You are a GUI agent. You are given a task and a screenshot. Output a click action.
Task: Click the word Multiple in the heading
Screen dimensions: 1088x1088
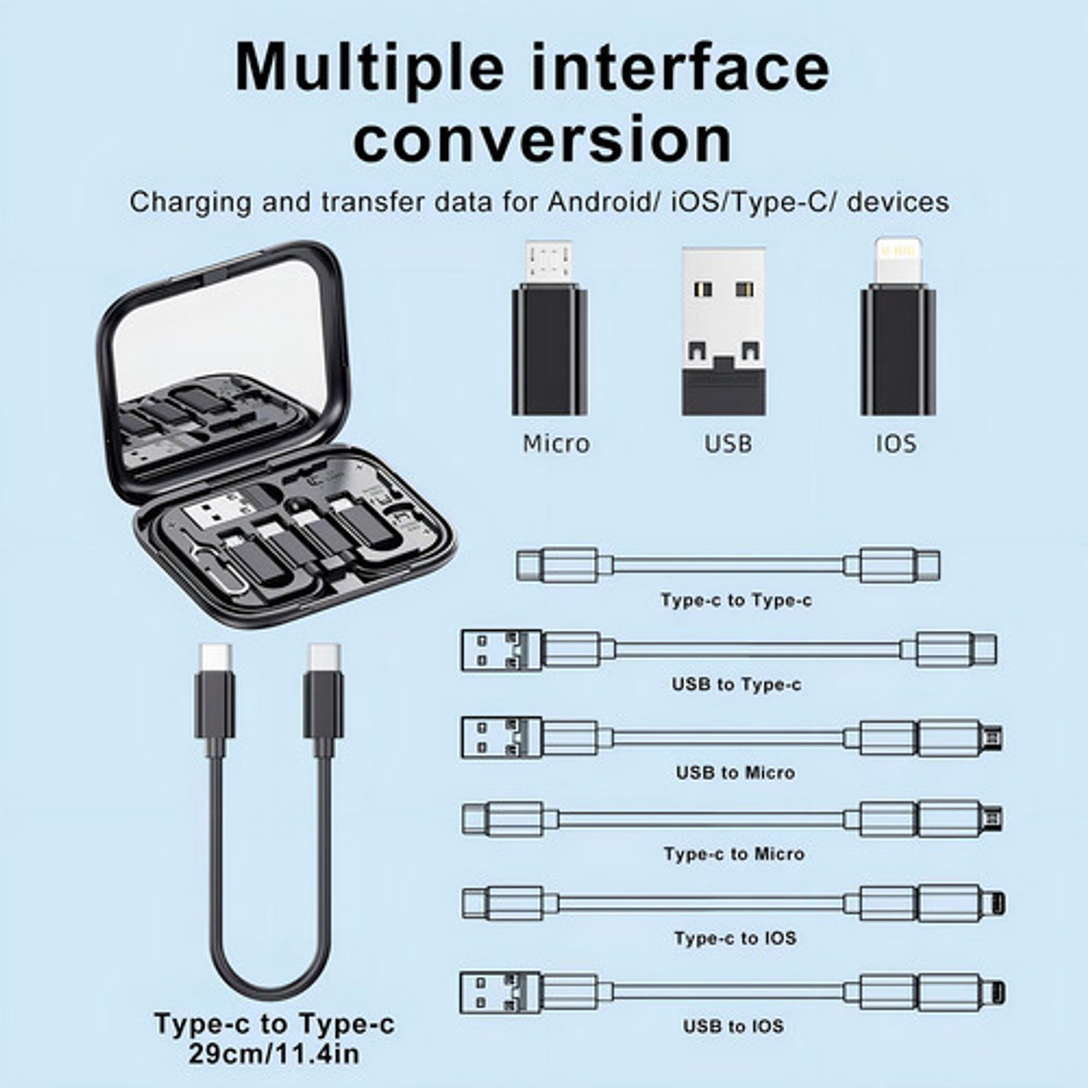pos(369,68)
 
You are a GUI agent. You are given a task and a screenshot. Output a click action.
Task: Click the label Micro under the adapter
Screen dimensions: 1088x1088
pos(556,444)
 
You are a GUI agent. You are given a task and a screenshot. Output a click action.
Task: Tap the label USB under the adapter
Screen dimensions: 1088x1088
pos(728,444)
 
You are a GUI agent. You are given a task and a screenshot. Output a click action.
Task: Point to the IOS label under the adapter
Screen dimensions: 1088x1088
pos(896,444)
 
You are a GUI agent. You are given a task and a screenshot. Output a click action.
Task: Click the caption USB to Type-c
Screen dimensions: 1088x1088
pos(736,685)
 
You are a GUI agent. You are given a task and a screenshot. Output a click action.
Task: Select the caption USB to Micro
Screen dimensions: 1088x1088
pos(735,773)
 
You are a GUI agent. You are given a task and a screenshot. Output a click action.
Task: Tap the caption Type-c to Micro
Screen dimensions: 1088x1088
pos(734,854)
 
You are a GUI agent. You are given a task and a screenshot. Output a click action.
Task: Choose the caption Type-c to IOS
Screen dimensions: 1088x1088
pos(735,938)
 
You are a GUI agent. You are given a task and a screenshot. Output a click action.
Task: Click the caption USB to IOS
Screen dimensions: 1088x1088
pos(733,1026)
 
